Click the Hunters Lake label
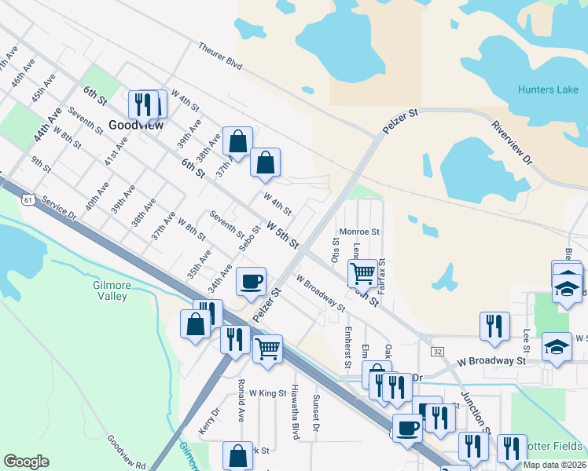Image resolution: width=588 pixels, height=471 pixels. (548, 89)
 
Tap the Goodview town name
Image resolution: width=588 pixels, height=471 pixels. (136, 125)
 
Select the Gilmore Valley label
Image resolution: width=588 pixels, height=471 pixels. (112, 290)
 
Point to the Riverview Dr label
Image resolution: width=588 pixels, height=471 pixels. (513, 142)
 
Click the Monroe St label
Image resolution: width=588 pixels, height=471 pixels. (359, 232)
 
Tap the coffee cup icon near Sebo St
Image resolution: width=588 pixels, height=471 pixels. (251, 281)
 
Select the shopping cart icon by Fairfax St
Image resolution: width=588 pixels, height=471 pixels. (362, 273)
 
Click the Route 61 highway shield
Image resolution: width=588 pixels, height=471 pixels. (28, 200)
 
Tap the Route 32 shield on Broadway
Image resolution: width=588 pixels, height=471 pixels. (437, 351)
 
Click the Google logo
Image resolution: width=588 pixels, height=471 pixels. (27, 462)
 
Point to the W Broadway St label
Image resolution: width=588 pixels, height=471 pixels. (491, 361)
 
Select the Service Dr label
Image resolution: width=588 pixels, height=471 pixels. (60, 208)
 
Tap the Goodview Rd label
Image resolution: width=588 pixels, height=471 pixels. (126, 452)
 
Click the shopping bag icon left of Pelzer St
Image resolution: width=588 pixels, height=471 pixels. (195, 323)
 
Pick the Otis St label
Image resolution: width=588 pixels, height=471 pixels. (336, 253)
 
